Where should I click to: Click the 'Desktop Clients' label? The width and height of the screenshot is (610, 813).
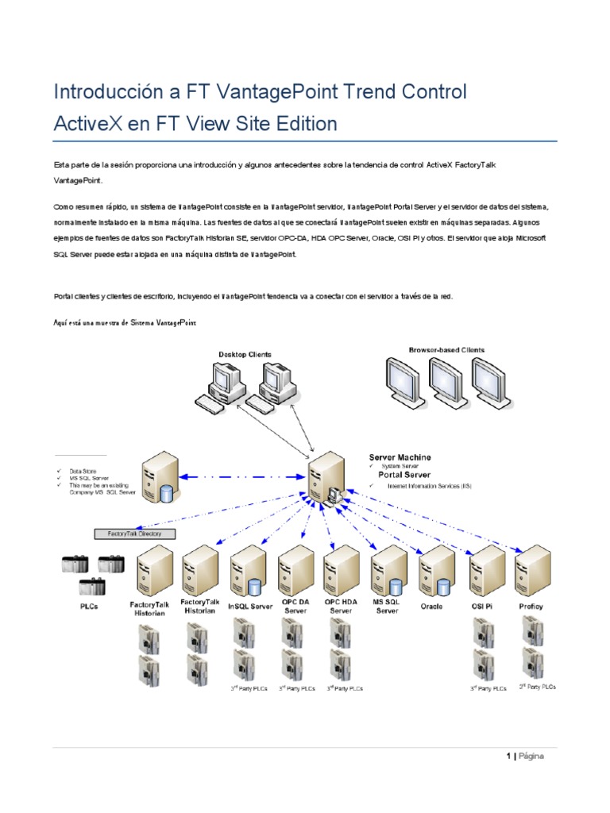[245, 354]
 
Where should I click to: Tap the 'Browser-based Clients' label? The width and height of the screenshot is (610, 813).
[446, 349]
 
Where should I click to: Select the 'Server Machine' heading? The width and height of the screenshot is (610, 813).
[400, 457]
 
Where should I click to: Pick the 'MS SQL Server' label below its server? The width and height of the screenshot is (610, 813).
[387, 607]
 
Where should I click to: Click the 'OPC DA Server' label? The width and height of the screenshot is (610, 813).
[295, 607]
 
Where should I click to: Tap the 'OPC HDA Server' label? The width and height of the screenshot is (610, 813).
[341, 607]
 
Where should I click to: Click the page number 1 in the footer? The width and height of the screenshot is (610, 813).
[508, 757]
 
